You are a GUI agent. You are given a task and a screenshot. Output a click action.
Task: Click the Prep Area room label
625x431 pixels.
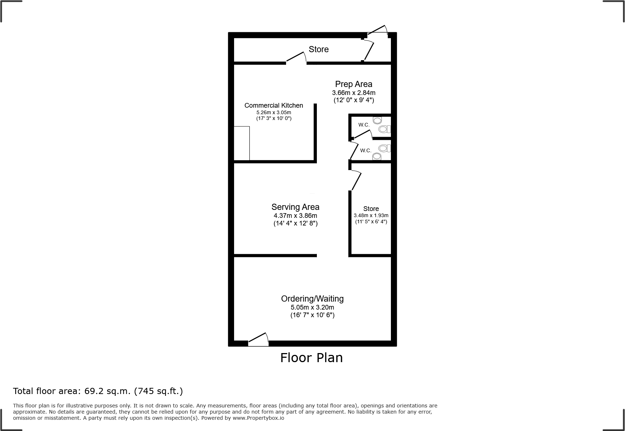point(354,84)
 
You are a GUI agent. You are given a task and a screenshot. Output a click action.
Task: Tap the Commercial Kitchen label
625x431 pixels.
point(274,105)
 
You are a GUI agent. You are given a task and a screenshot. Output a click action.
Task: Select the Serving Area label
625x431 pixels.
point(295,207)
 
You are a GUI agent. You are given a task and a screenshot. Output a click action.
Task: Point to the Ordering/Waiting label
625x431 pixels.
point(312,299)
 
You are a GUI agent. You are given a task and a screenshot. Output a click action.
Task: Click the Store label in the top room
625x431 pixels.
point(319,49)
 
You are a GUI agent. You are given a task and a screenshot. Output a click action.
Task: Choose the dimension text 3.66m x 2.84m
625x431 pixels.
point(354,93)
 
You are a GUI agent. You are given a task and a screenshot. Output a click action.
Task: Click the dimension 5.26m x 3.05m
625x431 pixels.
point(274,112)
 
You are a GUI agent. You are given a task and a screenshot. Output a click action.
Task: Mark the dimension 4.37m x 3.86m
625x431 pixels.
point(295,216)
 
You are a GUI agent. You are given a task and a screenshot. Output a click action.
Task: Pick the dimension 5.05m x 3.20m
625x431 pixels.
point(312,307)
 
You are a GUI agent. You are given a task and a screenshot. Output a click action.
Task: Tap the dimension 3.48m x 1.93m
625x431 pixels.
point(371,215)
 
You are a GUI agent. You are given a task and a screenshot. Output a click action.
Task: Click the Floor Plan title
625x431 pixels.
point(311,358)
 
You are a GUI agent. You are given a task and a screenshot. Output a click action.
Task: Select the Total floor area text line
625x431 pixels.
point(98,391)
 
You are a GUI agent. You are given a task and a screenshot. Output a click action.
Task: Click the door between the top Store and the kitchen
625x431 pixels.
point(296,58)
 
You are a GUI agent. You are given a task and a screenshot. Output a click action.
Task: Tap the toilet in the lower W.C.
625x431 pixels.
point(377,156)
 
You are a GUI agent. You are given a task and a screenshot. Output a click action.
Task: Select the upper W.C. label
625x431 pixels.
point(364,125)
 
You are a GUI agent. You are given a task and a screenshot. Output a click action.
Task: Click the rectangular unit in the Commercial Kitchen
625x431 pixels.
point(242,143)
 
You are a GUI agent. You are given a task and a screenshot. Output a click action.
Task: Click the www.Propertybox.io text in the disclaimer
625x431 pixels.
point(258,418)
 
